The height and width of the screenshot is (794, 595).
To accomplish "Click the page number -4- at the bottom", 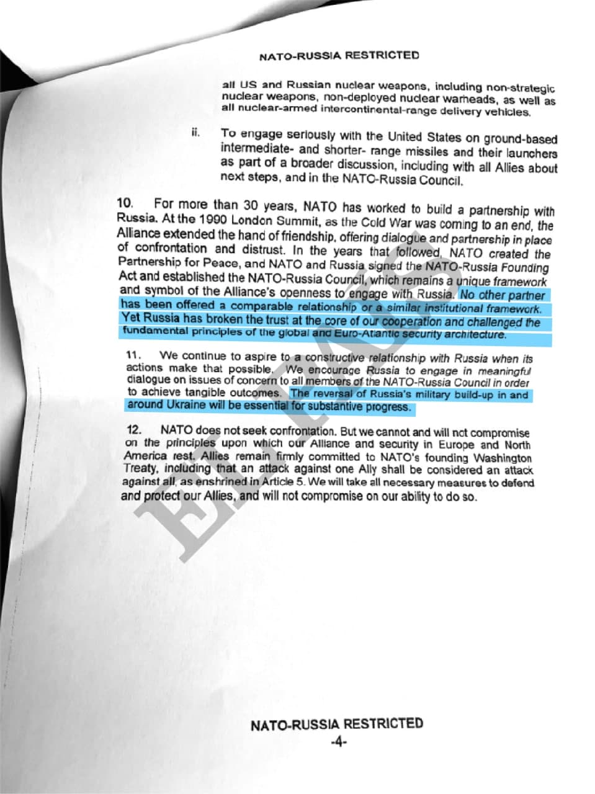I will [338, 742].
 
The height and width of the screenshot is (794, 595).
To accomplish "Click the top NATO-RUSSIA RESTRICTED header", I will [339, 56].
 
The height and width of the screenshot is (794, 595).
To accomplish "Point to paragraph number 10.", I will [125, 203].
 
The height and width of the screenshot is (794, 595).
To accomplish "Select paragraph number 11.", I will [133, 355].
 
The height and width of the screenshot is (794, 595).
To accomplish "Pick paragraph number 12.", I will [133, 429].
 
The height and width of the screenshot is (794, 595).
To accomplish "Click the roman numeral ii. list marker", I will [195, 132].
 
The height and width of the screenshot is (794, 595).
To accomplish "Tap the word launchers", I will [529, 153].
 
